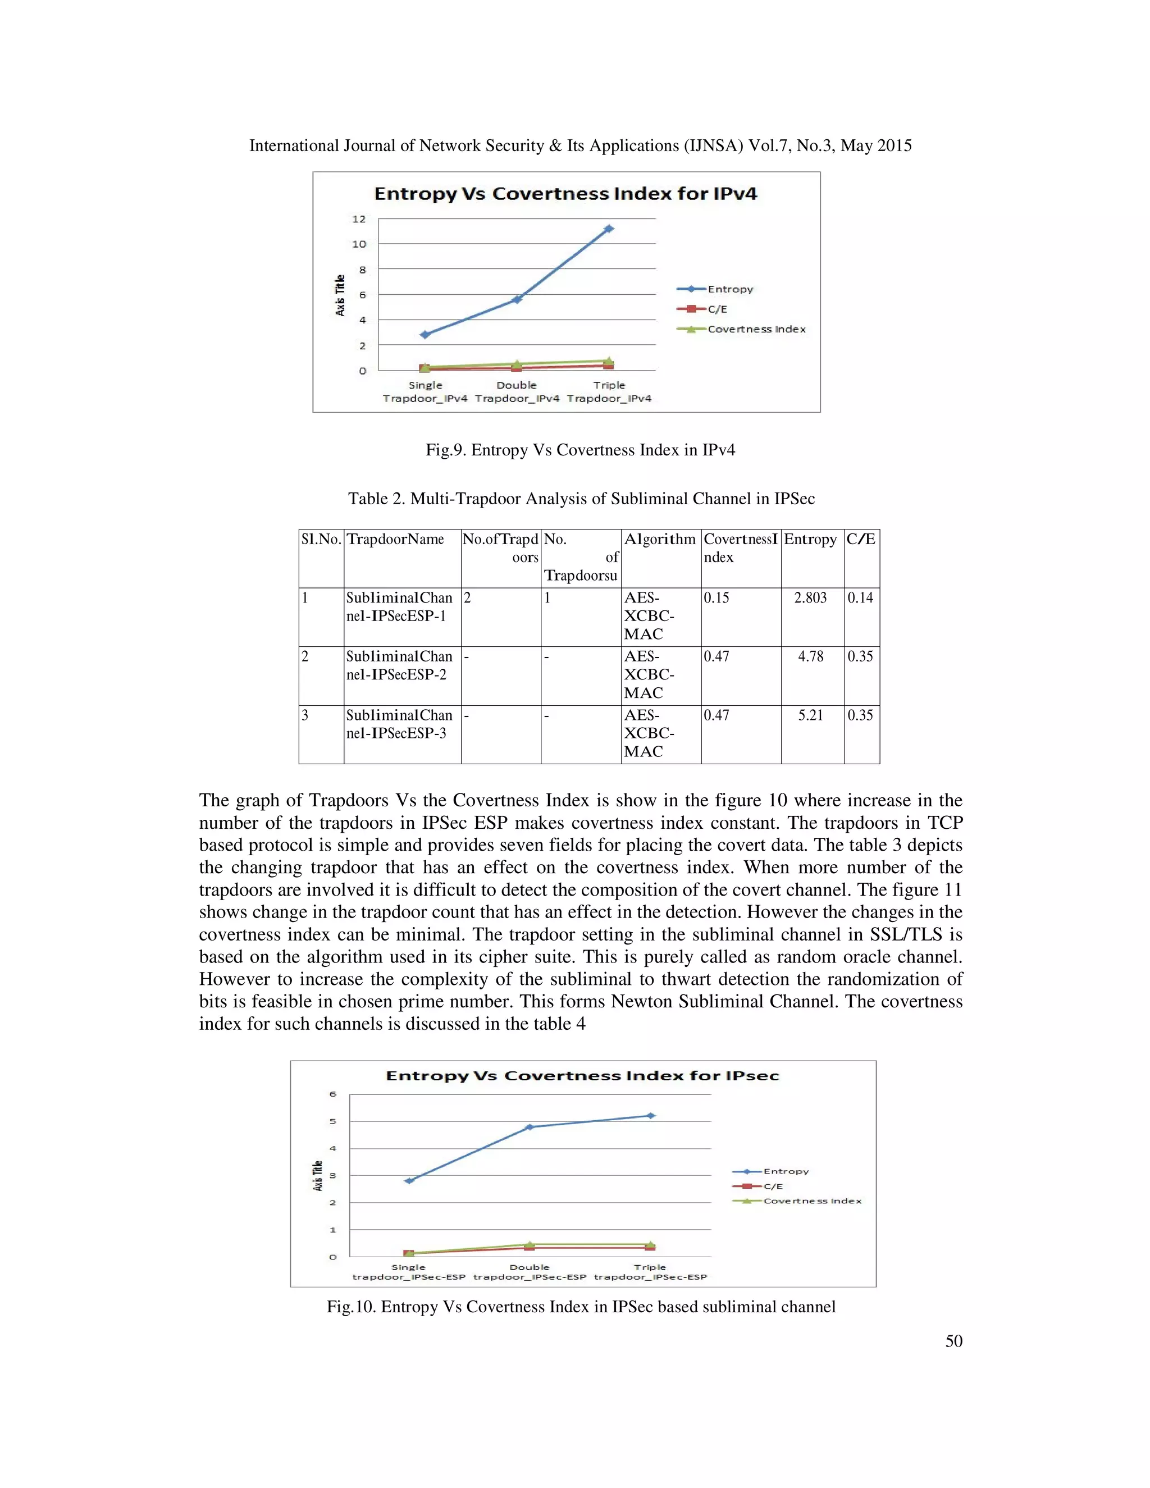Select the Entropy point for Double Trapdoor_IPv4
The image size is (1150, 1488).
tap(517, 299)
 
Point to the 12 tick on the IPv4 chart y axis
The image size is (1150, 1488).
tap(359, 218)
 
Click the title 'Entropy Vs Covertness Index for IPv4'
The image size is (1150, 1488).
tap(565, 194)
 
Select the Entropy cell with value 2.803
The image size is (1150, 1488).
tap(810, 597)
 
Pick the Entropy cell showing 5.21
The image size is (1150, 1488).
tap(811, 715)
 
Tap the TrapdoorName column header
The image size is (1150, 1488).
tap(395, 539)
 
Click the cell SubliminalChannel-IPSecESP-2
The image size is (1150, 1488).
tap(399, 665)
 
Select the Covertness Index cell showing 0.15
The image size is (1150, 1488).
tap(716, 597)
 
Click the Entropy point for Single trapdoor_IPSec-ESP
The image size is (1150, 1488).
tap(409, 1181)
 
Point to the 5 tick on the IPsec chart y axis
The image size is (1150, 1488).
tap(333, 1121)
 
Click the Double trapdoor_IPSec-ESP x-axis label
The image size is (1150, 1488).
tap(530, 1272)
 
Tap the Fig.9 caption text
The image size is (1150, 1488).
tap(579, 450)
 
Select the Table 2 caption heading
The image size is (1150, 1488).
tap(581, 499)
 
